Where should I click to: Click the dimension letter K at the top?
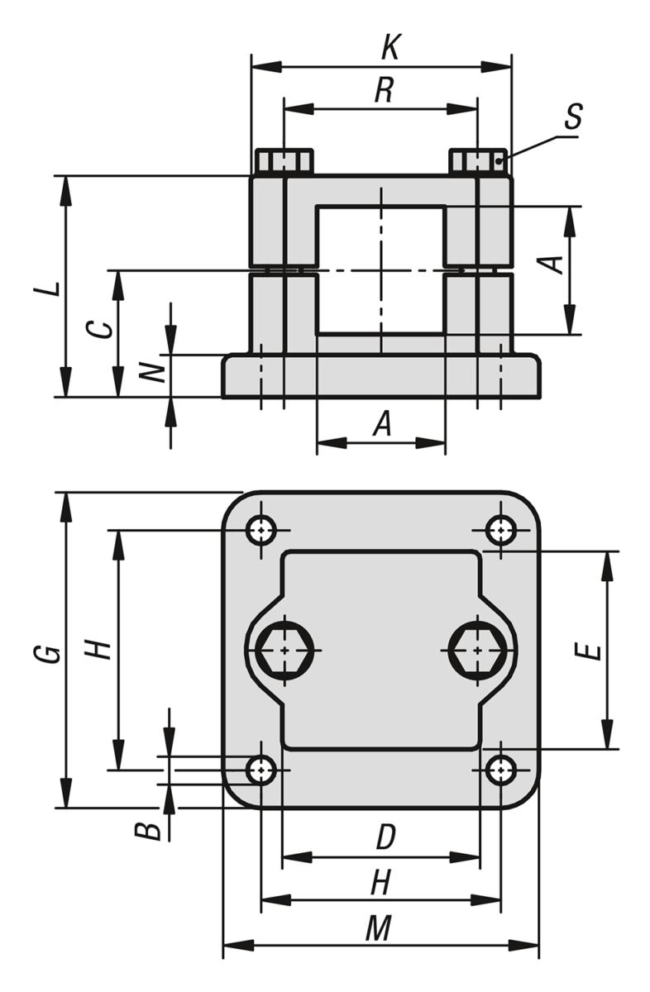(391, 47)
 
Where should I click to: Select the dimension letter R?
(384, 90)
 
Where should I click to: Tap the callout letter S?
(573, 116)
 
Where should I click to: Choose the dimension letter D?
(385, 837)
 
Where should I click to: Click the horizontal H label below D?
(381, 882)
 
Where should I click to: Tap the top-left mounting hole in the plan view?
(261, 530)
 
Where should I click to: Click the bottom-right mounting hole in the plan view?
(501, 770)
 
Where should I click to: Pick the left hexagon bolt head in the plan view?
(284, 650)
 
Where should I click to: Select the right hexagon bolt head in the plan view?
(477, 650)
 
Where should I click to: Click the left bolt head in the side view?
(284, 162)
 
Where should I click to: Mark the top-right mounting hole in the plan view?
(501, 530)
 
